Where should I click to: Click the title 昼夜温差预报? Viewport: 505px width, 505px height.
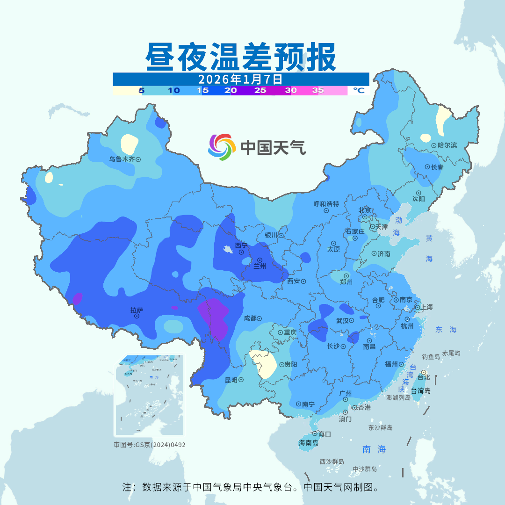241,57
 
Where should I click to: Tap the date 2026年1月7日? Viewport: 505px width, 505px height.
240,79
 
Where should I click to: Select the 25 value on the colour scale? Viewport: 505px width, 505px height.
260,91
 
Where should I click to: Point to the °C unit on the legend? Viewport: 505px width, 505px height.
358,91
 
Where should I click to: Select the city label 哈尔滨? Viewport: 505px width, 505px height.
447,145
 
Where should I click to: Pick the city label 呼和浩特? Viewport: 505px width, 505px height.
326,204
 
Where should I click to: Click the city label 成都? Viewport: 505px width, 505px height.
250,318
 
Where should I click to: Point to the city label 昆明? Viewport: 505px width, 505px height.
231,380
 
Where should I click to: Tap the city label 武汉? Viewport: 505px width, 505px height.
343,321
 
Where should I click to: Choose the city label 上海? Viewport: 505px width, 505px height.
426,307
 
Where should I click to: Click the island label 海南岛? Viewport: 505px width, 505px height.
308,443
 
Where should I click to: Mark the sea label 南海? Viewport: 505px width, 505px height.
374,450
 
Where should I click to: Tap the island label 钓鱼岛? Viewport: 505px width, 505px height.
431,357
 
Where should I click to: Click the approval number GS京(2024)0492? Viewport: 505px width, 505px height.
150,445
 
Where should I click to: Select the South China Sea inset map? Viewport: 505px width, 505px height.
149,395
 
